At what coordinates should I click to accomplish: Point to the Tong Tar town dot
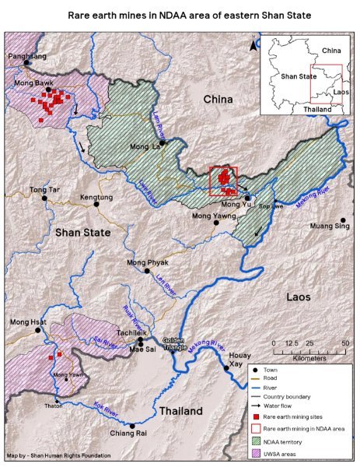coord(45,198)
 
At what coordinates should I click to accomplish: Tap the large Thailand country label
coord(181,410)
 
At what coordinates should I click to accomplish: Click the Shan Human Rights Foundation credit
coord(58,455)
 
